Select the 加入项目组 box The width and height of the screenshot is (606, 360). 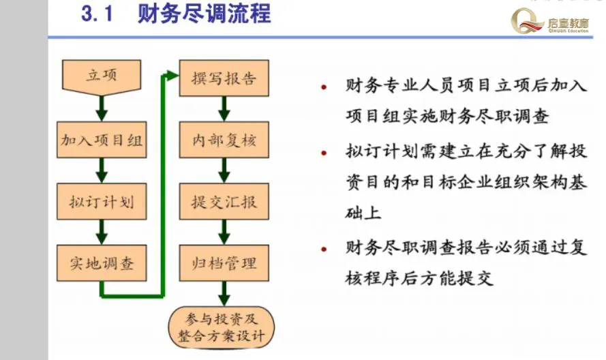(102, 140)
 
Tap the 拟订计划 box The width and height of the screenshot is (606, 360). (102, 202)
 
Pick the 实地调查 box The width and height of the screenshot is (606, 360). (102, 263)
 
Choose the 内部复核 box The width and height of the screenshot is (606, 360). (224, 140)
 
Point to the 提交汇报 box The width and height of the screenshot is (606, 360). (224, 202)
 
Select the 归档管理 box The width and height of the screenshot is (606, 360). (224, 263)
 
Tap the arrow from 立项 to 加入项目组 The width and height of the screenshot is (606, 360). (102, 107)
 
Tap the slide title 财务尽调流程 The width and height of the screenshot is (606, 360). (204, 14)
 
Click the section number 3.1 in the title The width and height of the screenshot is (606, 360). (96, 14)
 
